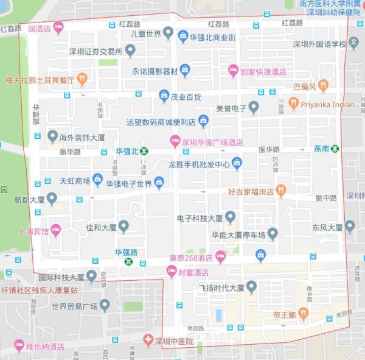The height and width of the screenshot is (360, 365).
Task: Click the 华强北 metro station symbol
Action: pyautogui.click(x=144, y=150)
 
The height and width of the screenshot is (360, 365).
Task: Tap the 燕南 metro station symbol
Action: pyautogui.click(x=335, y=149)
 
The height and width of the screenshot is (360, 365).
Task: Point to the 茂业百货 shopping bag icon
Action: pyautogui.click(x=164, y=95)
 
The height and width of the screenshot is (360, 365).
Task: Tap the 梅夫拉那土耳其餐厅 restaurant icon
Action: pyautogui.click(x=82, y=79)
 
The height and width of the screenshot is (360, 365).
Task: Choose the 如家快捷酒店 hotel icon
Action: pyautogui.click(x=233, y=71)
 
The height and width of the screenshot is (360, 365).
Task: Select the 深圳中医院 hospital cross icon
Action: pyautogui.click(x=147, y=339)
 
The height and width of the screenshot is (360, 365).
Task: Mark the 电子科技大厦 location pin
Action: pyautogui.click(x=230, y=216)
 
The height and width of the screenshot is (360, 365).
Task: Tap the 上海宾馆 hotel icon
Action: pyautogui.click(x=56, y=231)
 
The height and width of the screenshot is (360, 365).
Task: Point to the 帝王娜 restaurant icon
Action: pyautogui.click(x=305, y=316)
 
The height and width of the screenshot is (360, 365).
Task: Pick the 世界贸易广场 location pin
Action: pyautogui.click(x=105, y=305)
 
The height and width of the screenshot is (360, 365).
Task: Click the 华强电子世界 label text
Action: pyautogui.click(x=129, y=183)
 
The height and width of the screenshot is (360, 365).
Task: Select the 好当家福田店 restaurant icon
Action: pyautogui.click(x=280, y=191)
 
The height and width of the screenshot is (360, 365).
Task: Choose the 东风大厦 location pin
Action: pyautogui.click(x=349, y=227)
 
